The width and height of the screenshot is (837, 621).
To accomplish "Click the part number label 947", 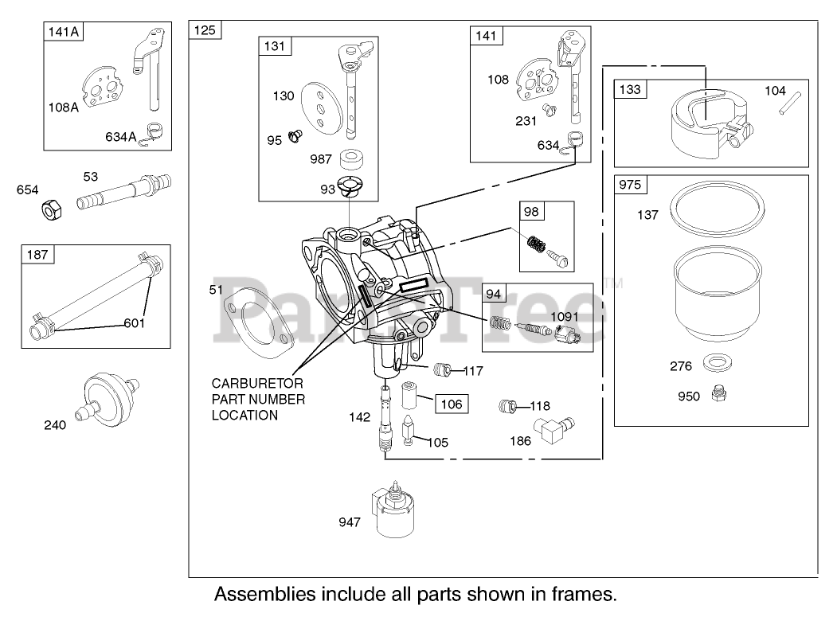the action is [350, 522].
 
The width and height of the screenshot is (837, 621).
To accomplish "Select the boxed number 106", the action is [452, 404].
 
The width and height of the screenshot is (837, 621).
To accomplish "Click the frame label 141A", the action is [63, 32].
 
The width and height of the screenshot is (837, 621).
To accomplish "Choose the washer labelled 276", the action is [718, 363].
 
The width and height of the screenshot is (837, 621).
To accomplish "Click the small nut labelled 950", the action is [719, 394].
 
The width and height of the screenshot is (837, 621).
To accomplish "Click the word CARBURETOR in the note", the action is [257, 383].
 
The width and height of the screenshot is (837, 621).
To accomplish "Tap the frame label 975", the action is [630, 185].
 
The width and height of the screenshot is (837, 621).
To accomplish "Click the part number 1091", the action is [564, 316].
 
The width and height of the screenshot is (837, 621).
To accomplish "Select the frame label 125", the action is [205, 30].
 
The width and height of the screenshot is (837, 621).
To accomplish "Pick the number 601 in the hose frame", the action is [134, 322].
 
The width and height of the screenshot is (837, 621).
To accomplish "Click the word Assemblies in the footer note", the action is [264, 594].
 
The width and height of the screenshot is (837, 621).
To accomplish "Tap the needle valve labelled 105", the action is [409, 430].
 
